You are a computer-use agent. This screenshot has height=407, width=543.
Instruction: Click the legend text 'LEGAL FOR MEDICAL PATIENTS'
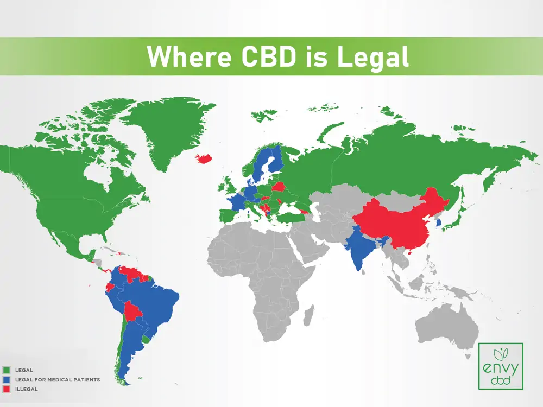tap(58, 380)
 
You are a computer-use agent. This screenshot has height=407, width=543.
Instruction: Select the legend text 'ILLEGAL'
tap(26, 389)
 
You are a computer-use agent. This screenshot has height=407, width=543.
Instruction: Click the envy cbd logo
tap(501, 366)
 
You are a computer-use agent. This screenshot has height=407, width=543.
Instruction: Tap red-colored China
tap(402, 222)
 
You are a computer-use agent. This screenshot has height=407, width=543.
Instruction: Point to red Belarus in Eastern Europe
tap(279, 187)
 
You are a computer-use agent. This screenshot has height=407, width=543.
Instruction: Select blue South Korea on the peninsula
tap(439, 222)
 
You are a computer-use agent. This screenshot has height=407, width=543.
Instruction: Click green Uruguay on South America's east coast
tap(146, 339)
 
